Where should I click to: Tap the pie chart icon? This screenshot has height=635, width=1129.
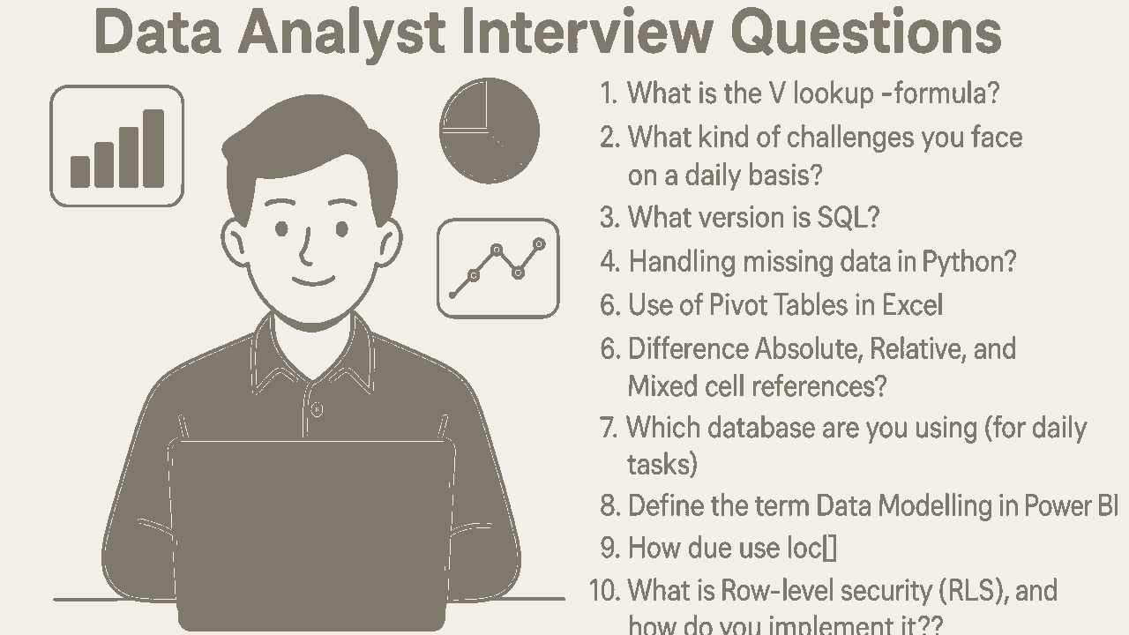pos(490,131)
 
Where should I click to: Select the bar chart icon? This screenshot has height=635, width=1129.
pos(117,146)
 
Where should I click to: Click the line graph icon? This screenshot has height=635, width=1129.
pos(498,268)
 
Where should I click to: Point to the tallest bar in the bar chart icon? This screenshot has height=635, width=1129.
pos(153,148)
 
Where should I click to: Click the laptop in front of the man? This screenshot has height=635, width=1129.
pos(311,520)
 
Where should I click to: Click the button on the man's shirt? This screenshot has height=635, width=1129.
pos(317,409)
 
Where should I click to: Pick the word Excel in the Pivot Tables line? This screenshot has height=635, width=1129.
pos(912,305)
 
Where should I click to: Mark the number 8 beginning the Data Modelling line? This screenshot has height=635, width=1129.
pos(609,506)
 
